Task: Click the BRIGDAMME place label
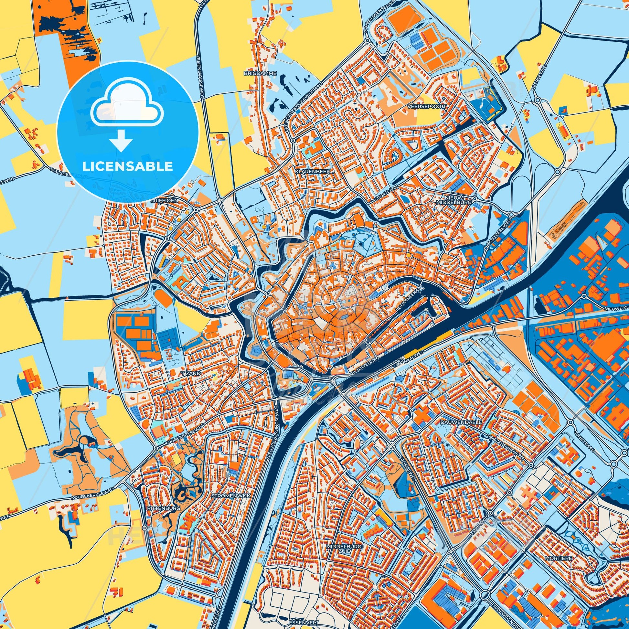260,74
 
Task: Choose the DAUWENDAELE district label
466,421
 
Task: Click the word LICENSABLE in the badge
127,166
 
